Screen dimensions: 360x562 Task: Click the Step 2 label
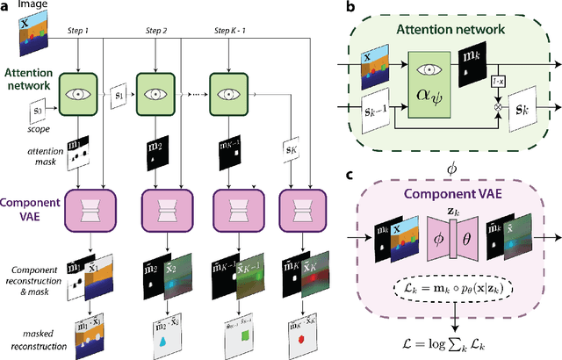tap(159, 31)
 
